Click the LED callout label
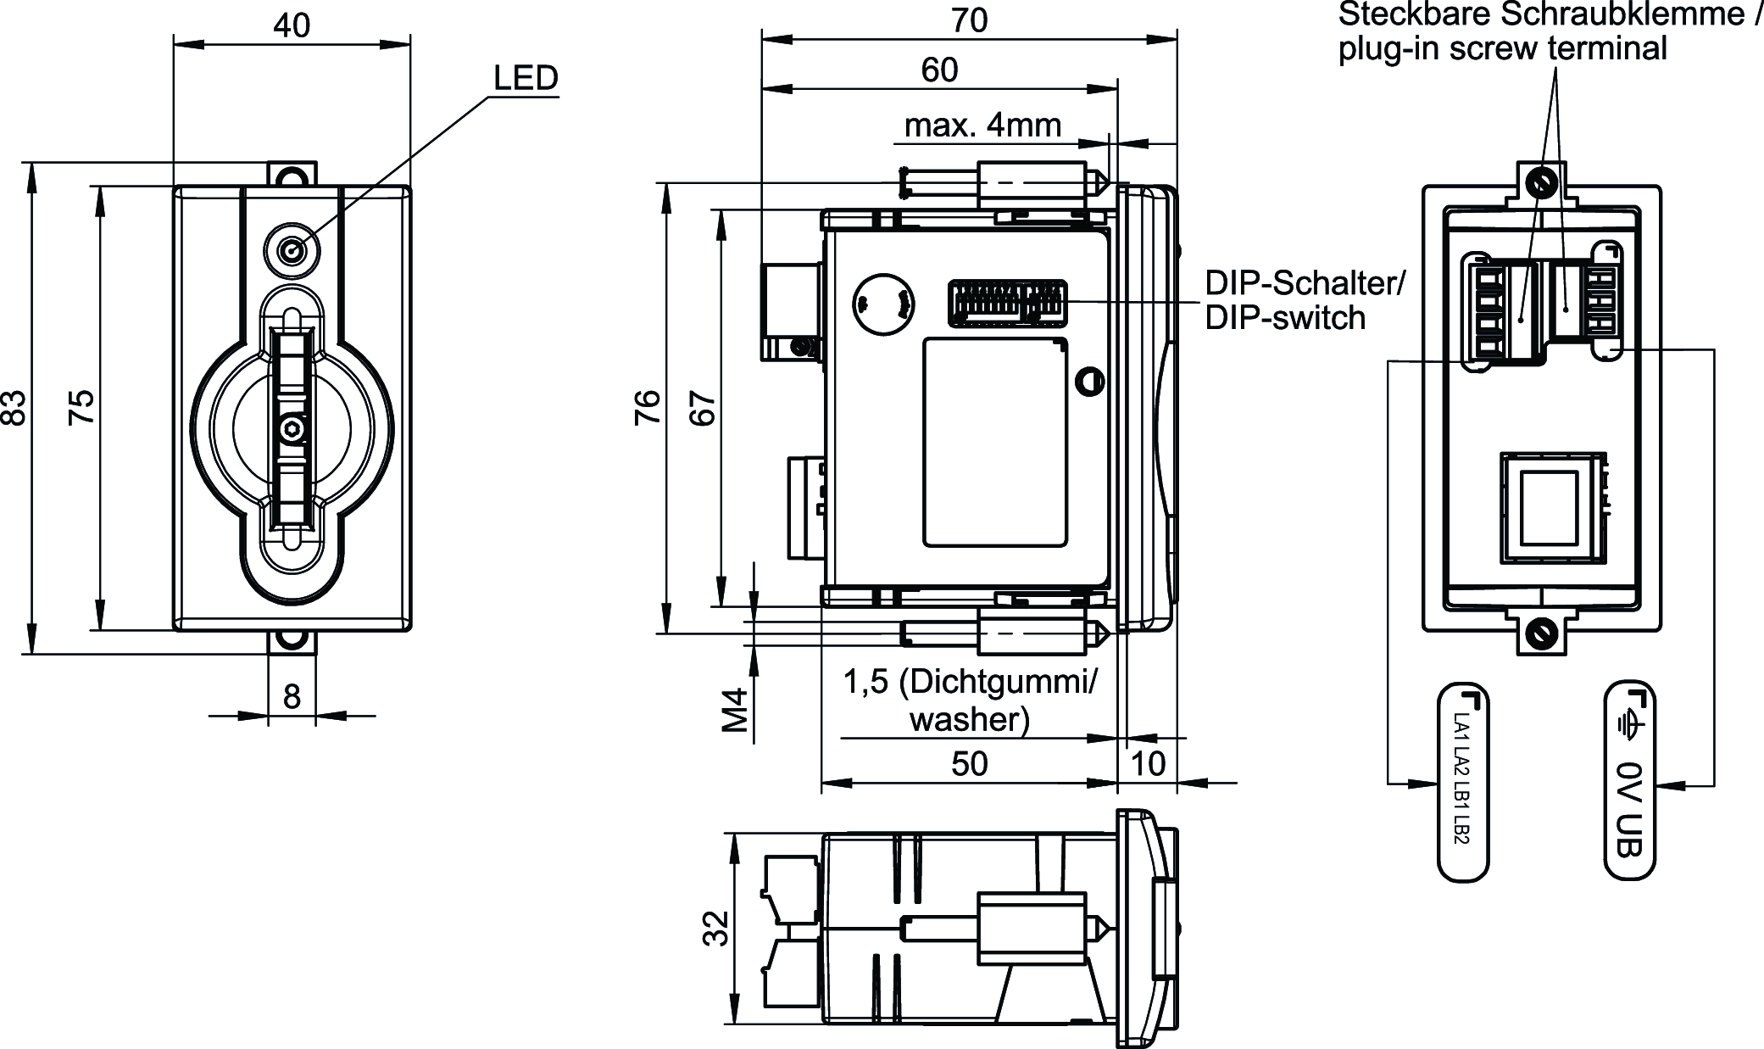tap(526, 78)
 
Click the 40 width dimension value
tap(292, 25)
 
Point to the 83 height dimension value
tap(16, 407)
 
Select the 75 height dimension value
tap(82, 407)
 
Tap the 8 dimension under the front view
tap(292, 696)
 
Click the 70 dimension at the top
tap(969, 20)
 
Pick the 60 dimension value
tap(939, 70)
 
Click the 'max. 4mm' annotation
tap(982, 126)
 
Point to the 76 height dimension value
tap(648, 406)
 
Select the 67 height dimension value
tap(704, 406)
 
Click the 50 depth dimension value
tap(969, 764)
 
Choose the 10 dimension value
tap(1148, 764)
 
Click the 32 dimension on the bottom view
tap(716, 928)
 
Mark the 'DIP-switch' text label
tap(1285, 318)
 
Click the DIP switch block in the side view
tap(1007, 303)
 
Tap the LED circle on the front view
tap(293, 251)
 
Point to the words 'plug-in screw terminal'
tap(1502, 49)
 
